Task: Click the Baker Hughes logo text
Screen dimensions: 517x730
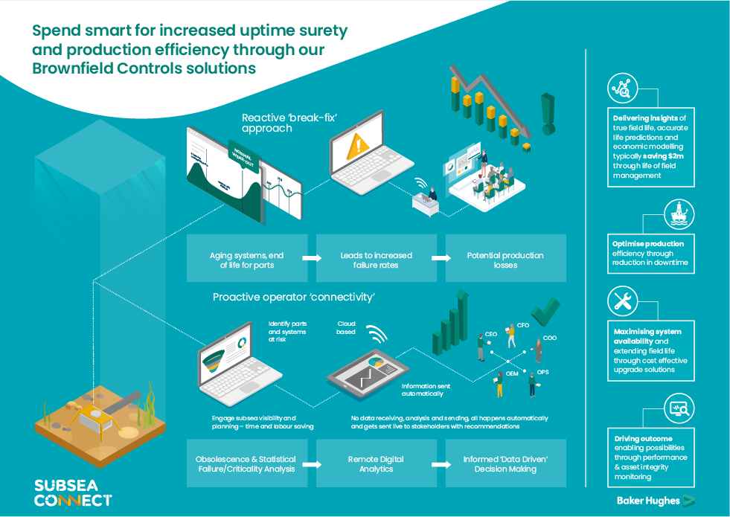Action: (647, 501)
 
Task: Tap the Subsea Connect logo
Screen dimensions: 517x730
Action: (73, 492)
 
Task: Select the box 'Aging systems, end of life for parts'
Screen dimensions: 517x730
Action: (246, 260)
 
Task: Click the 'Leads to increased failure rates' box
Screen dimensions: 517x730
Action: (377, 260)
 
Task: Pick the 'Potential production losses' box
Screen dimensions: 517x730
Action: (505, 260)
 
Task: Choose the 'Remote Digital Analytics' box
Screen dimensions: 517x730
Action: (377, 464)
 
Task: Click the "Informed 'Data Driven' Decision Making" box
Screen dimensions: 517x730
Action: (505, 464)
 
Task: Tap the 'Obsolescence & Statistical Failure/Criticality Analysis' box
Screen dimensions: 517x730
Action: (246, 464)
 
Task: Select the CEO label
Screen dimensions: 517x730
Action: (491, 335)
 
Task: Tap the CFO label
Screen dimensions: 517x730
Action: (523, 326)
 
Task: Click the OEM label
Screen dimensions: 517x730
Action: (512, 374)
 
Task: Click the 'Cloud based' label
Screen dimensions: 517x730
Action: (347, 328)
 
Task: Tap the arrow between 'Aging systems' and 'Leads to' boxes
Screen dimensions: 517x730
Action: (311, 259)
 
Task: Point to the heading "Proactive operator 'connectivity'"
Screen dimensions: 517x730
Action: (293, 298)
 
